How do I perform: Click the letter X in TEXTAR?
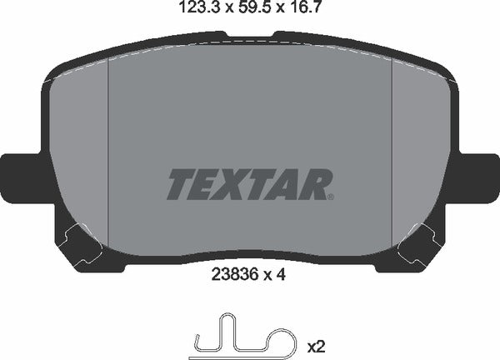pos(236,184)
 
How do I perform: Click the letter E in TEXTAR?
pos(207,184)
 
